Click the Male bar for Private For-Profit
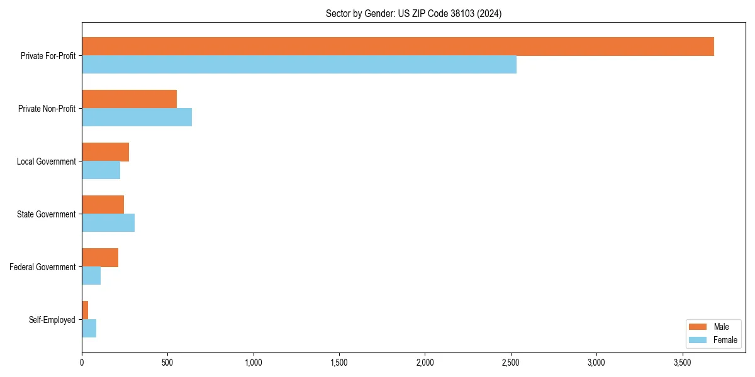coord(398,46)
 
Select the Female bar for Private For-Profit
coord(299,65)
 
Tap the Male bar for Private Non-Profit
coord(129,99)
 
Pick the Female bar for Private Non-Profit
coord(137,117)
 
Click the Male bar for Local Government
coord(105,152)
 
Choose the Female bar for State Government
coord(108,223)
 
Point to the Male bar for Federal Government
coord(100,258)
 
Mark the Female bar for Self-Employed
coord(89,329)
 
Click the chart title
coord(413,13)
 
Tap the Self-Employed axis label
coord(52,320)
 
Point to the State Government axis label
coord(47,214)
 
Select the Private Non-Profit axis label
coord(47,109)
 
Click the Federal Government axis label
coord(43,267)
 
